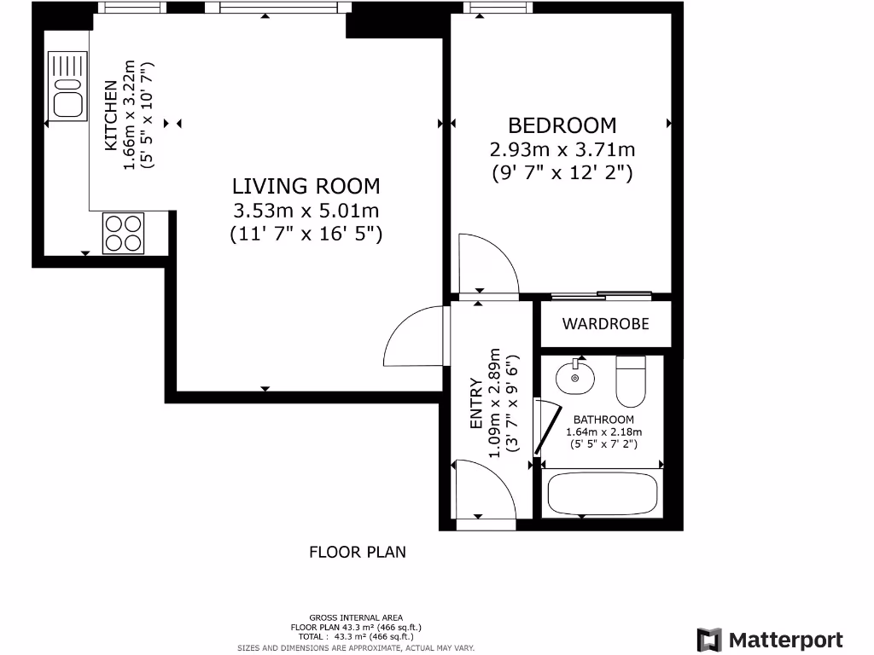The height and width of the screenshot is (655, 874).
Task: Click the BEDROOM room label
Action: point(562,125)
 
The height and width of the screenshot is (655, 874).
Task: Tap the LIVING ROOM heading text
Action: point(306,186)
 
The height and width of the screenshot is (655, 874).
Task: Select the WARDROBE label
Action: point(605,323)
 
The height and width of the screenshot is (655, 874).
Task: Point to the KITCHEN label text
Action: point(111,115)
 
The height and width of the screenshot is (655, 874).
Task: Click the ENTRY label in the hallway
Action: point(475,403)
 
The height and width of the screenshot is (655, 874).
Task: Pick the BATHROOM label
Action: point(603,420)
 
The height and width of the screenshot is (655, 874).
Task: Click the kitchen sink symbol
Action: point(67,86)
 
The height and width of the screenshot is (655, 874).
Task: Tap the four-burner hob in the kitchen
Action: point(123,234)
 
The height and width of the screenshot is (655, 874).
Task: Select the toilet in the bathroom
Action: point(631,381)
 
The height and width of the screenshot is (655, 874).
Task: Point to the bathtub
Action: point(602,493)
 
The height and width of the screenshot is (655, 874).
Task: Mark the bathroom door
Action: point(547,426)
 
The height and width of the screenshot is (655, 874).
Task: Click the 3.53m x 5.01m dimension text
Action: point(306,211)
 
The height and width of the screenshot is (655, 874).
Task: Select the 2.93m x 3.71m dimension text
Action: point(562,150)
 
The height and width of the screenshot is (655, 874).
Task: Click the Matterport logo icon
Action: point(709,640)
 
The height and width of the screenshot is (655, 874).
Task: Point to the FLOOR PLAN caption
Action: point(358,552)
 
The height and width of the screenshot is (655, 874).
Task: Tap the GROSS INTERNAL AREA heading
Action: point(356,617)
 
